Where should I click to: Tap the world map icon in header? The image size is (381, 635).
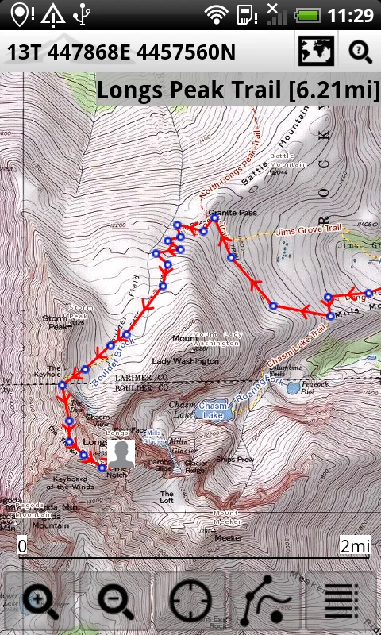[x=315, y=52]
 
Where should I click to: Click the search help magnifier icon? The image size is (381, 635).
[x=360, y=52]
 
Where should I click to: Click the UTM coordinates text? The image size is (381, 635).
[x=121, y=52]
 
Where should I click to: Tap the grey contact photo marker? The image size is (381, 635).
[x=121, y=454]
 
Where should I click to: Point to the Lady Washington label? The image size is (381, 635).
[x=185, y=361]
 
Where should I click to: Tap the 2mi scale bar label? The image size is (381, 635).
[x=354, y=546]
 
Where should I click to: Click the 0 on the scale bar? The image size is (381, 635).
[x=22, y=546]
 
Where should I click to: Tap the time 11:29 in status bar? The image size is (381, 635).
[x=350, y=15]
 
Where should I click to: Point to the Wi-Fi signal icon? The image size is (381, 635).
[x=215, y=14]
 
